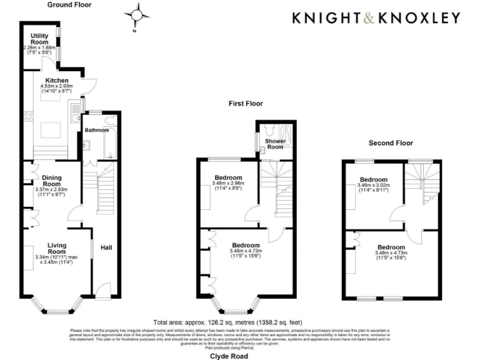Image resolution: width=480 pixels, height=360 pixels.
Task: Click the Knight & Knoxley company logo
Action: tap(376, 18)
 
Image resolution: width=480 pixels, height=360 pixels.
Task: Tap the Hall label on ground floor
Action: tap(106, 248)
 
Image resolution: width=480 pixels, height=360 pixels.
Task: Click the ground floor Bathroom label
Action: tap(97, 131)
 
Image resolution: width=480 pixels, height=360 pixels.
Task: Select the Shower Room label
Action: tap(275, 144)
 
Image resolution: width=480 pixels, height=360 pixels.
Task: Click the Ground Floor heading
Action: tap(69, 4)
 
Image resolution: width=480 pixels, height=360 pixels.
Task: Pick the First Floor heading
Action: tap(245, 104)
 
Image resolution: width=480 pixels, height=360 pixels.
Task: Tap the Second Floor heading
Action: tap(391, 143)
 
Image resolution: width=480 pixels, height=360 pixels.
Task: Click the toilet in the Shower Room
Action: tap(267, 130)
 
